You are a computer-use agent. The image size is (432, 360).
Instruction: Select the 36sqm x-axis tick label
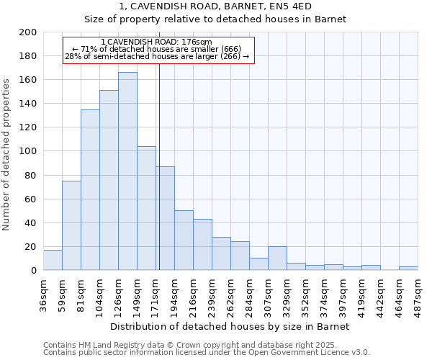coord(43,292)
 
